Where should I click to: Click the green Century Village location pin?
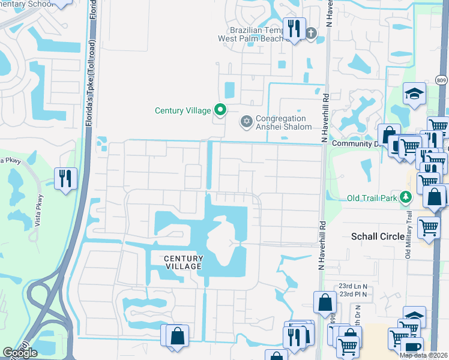tap(220, 110)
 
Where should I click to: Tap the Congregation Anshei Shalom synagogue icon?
tap(245, 122)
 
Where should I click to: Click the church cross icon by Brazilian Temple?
tap(310, 34)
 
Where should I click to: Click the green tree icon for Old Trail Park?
tap(406, 197)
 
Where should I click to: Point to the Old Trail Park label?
tap(373, 198)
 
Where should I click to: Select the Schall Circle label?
tap(377, 236)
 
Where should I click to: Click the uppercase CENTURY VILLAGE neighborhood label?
tap(184, 263)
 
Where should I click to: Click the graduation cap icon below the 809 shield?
tap(414, 93)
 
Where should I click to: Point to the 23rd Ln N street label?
tap(353, 287)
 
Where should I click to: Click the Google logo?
tap(19, 352)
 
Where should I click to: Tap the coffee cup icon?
tap(412, 347)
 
